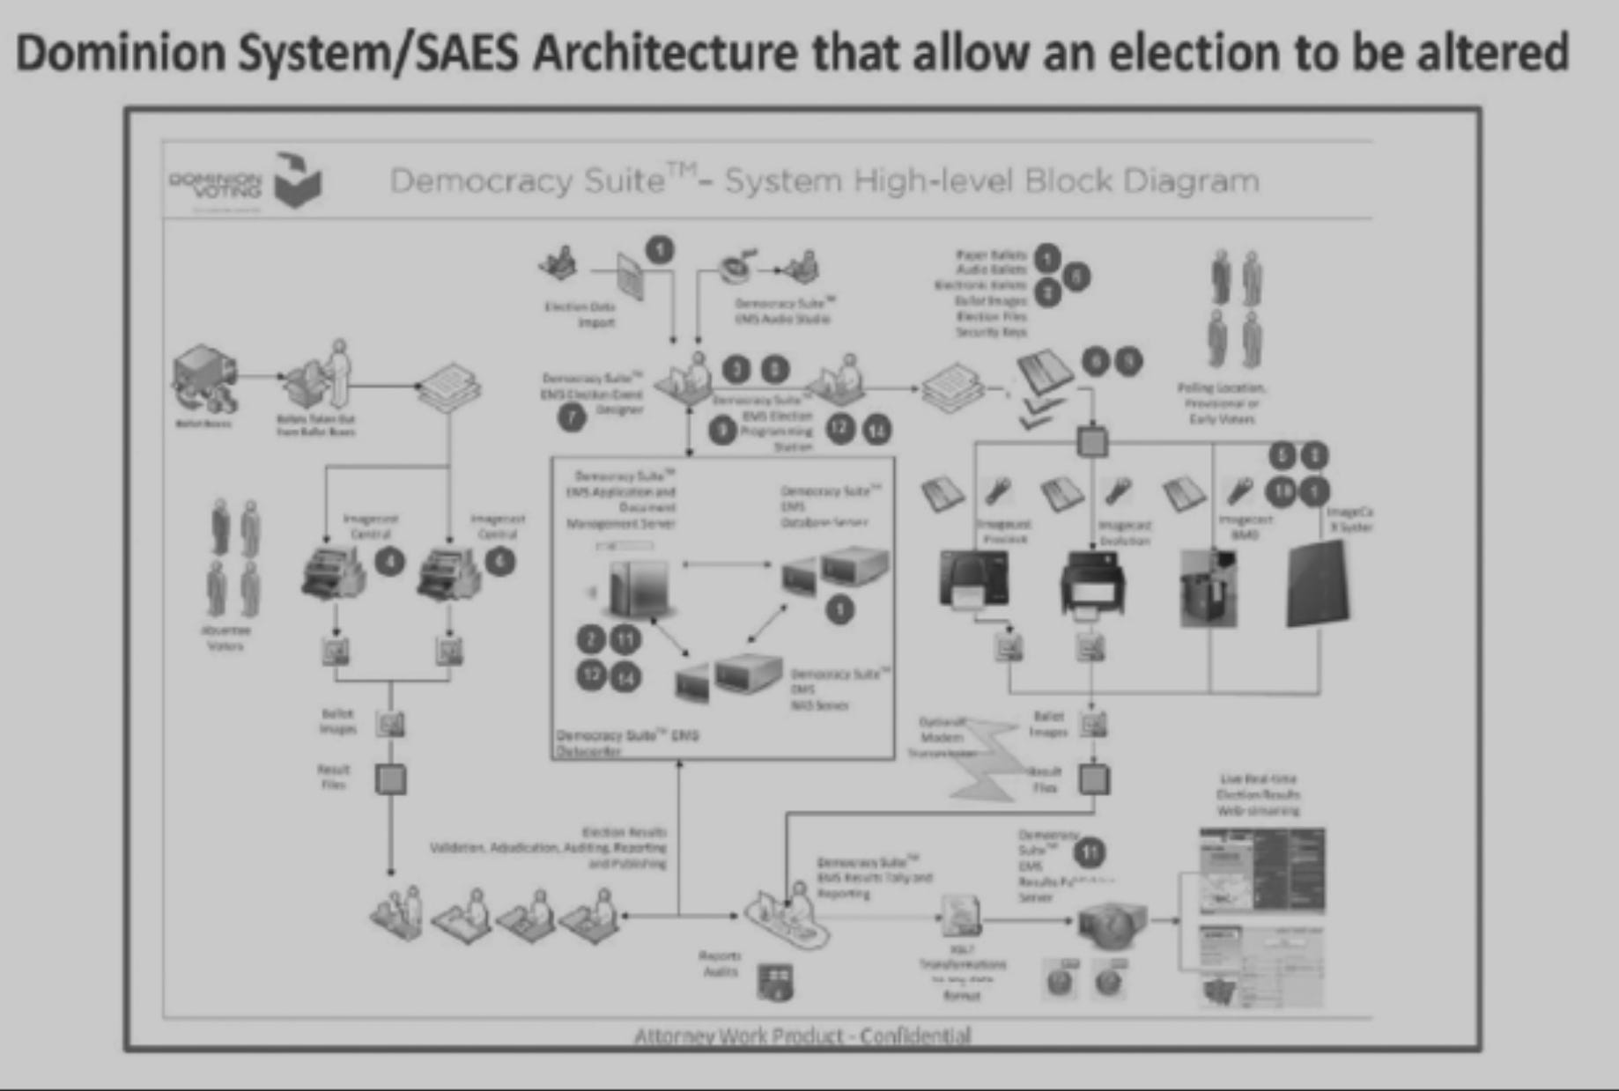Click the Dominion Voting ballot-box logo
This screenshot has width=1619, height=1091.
[298, 181]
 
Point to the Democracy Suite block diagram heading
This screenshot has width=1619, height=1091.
[824, 181]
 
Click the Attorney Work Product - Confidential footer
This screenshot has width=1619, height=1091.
[802, 1036]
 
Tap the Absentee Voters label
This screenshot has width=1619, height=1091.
[225, 638]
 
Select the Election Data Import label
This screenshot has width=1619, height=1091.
[580, 314]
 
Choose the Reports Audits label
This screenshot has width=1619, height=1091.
[721, 963]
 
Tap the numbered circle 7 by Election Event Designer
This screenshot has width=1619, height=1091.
[573, 416]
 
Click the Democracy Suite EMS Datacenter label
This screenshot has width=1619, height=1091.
[626, 742]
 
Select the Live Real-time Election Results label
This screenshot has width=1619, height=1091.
[1258, 794]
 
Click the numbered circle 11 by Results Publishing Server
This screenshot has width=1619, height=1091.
[1090, 851]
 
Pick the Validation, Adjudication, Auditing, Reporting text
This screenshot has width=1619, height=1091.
[549, 848]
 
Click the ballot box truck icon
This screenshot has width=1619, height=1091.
[204, 380]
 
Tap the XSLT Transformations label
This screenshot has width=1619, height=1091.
[961, 972]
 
